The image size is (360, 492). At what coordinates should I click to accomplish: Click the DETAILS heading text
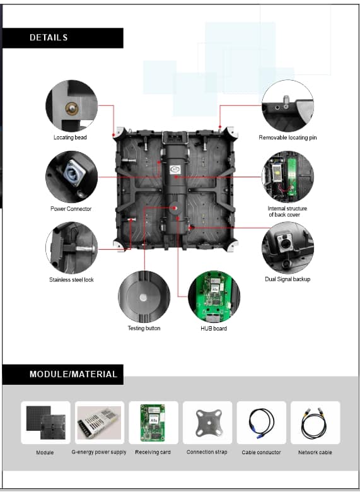coord(49,38)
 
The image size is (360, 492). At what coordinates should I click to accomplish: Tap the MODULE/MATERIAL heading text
coord(73,374)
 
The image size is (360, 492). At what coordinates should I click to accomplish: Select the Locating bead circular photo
coord(71,106)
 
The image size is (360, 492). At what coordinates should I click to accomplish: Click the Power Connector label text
coord(71,209)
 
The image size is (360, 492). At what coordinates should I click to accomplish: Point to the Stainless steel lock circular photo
coord(71,248)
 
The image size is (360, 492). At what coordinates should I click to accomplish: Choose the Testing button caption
coord(144,328)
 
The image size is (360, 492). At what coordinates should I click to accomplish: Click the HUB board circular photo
coord(214,296)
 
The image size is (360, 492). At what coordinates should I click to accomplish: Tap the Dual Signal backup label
coord(287,279)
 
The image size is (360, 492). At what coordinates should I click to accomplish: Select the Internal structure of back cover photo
coord(287,177)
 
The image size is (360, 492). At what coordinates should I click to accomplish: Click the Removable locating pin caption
coord(287,138)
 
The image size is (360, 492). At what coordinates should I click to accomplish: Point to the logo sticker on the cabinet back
coord(175,170)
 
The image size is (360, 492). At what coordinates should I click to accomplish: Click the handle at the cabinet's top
coord(175,138)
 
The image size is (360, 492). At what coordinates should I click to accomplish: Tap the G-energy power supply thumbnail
coord(100,423)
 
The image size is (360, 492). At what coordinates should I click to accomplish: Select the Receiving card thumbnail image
coord(153,423)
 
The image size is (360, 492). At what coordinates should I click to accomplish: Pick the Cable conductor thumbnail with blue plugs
coord(261,423)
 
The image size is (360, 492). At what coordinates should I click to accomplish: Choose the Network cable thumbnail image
coord(315,423)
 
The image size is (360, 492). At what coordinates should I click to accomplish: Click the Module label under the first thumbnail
coord(45,452)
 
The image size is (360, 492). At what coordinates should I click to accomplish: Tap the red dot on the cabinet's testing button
coord(175,208)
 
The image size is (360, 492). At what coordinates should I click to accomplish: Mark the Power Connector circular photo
coord(71,177)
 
